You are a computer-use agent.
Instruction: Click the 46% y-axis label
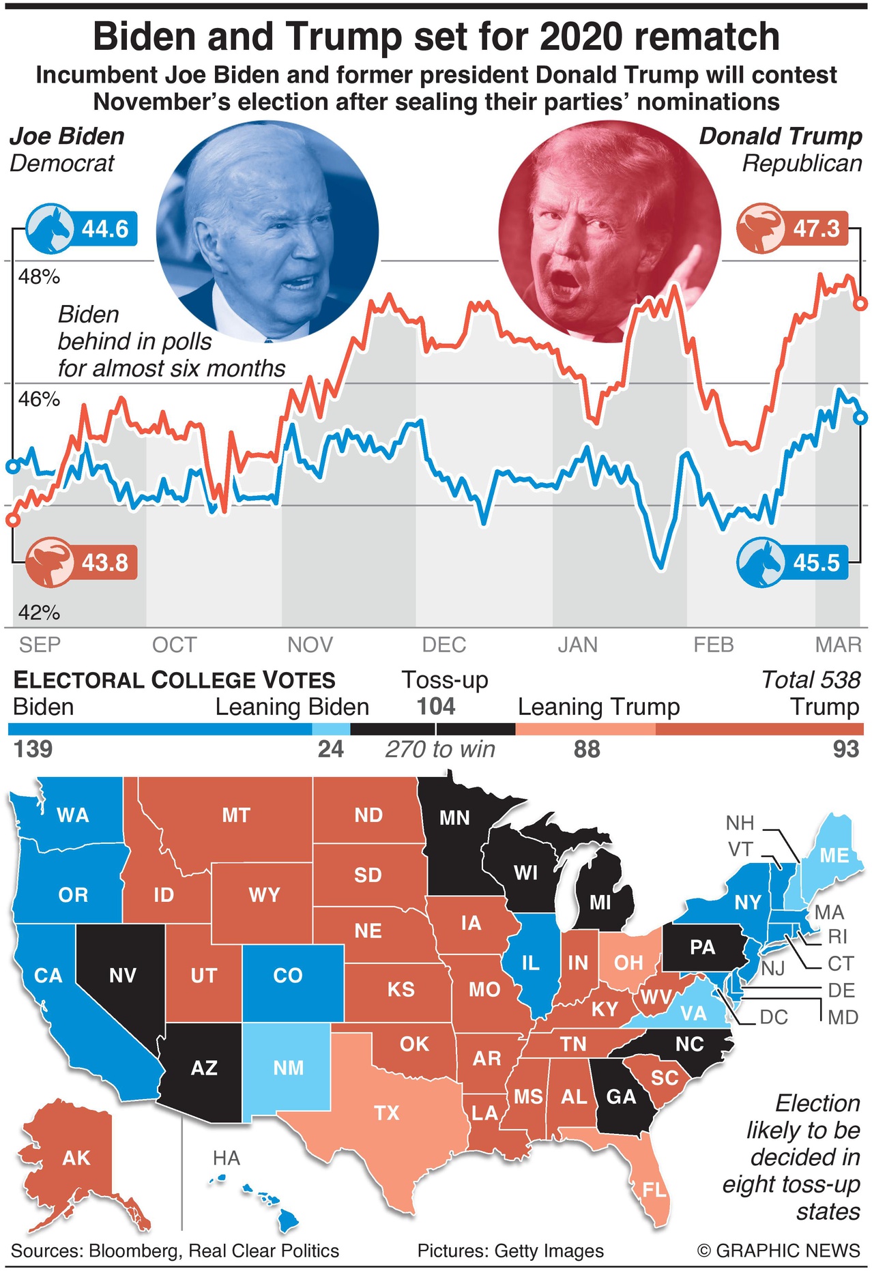click(x=39, y=399)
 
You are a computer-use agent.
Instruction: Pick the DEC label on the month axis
click(x=444, y=645)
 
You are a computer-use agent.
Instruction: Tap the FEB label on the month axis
click(x=713, y=645)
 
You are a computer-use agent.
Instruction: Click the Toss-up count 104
click(x=436, y=706)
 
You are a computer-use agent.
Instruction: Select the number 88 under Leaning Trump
click(x=587, y=749)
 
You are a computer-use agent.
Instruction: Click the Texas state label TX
click(x=386, y=1113)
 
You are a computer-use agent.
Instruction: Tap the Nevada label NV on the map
click(x=123, y=976)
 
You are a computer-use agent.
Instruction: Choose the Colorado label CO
click(x=287, y=976)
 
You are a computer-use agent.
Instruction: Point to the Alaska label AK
click(x=76, y=1158)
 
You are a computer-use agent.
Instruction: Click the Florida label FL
click(x=654, y=1190)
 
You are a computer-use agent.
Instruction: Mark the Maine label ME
click(x=834, y=856)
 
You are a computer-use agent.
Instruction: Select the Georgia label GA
click(x=621, y=1097)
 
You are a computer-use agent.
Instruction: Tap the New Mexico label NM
click(x=288, y=1068)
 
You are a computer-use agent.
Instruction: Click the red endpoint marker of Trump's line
click(x=861, y=303)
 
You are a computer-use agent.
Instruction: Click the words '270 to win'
click(x=440, y=749)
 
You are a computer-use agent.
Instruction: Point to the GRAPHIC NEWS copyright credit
click(x=779, y=1251)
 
